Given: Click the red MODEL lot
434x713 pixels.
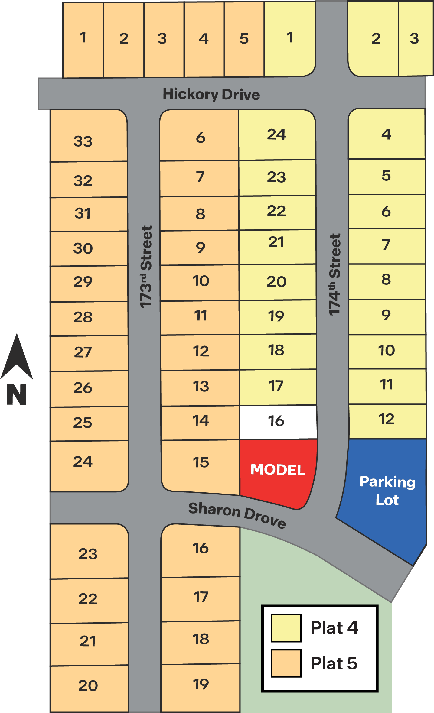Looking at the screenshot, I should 278,470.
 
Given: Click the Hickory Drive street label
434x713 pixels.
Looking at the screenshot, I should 211,94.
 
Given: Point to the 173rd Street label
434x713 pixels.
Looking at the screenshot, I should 146,267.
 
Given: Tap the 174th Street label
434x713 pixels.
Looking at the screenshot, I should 334,274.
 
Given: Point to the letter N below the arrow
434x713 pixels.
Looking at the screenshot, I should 17,394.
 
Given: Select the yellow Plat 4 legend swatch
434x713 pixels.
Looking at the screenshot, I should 286,628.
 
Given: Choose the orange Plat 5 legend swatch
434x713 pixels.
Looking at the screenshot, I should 286,663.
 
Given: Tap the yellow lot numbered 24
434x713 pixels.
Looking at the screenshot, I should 277,135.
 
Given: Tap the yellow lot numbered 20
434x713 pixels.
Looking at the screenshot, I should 277,282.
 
